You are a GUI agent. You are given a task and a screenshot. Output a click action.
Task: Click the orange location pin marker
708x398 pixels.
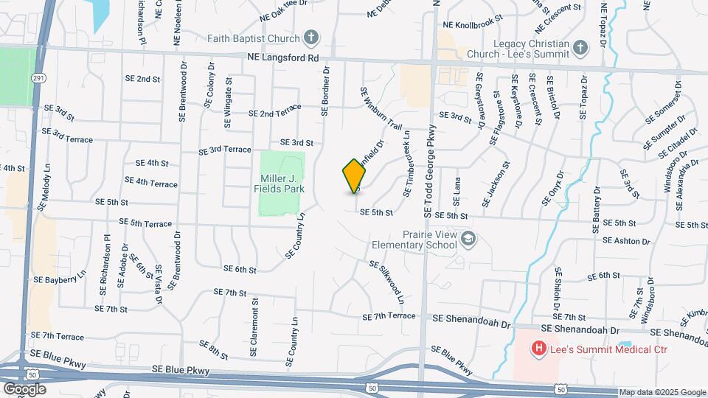coord(355,175)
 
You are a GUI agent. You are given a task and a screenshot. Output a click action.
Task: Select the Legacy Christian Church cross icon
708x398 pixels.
coord(581,49)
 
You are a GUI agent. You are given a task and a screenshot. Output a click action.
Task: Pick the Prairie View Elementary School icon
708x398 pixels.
coord(470,239)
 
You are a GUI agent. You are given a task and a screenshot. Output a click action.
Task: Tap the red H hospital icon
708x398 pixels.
coord(539,348)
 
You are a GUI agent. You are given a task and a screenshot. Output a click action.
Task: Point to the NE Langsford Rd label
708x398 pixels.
coord(283,57)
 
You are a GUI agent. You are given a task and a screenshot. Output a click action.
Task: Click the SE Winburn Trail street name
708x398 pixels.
coord(381,108)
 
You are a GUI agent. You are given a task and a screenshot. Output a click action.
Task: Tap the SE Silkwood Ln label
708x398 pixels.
coord(386,282)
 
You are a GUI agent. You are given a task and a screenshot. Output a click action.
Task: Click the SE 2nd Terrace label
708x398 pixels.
coord(274,111)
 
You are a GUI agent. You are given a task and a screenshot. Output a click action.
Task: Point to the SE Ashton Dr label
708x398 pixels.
coord(629,240)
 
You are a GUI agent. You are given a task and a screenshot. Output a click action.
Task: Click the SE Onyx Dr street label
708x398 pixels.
coord(552,188)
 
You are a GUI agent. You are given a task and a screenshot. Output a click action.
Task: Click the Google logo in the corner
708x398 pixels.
coord(24,388)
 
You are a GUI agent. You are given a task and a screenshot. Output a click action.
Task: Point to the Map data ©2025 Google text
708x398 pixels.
coord(662,392)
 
